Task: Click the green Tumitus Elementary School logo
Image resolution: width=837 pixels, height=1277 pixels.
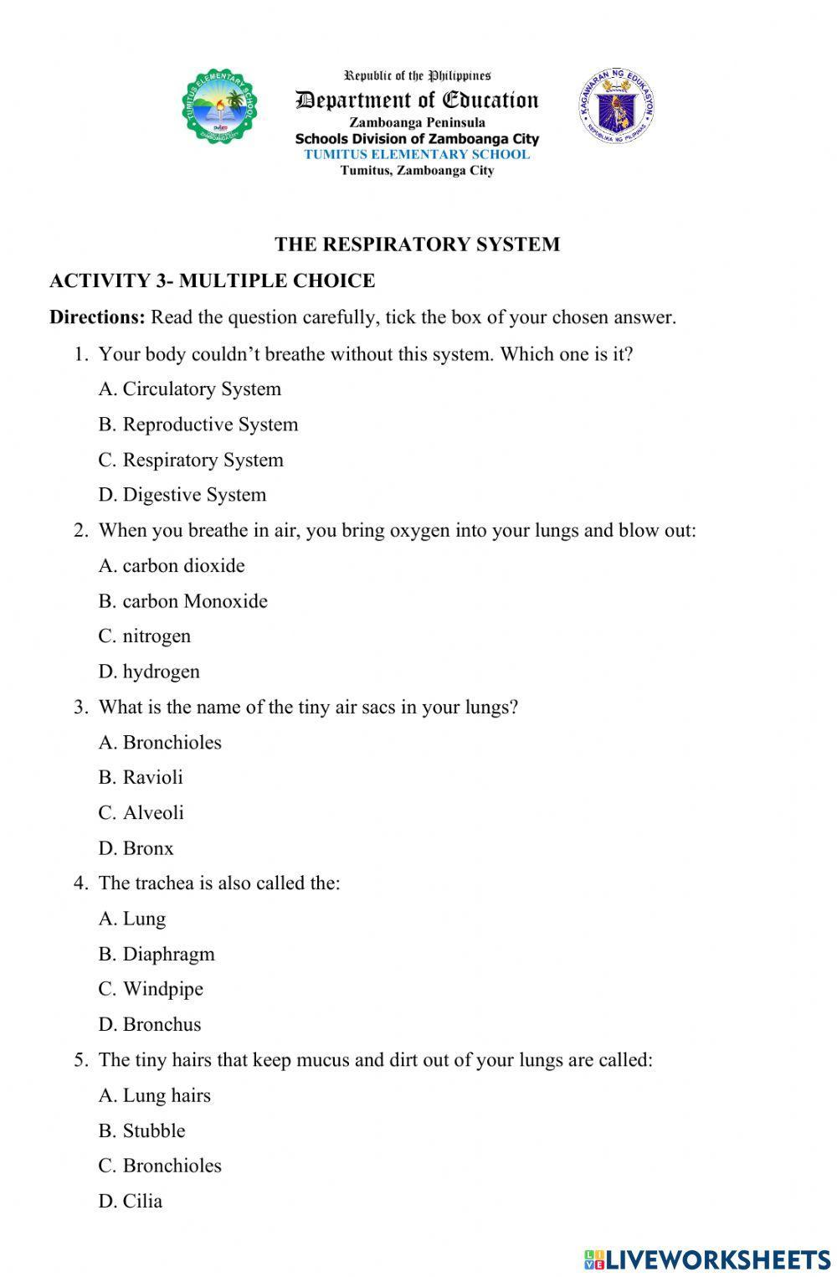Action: (x=219, y=106)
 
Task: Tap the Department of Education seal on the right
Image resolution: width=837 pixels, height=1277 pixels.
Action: (x=615, y=106)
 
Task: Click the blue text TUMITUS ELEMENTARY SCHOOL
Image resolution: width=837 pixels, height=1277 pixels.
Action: (x=417, y=154)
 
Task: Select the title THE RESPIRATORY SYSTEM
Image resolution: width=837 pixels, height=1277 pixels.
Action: (x=417, y=245)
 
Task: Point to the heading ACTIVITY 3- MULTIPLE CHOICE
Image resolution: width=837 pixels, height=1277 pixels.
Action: (x=212, y=281)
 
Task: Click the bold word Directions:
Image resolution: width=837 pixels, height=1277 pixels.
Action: (x=97, y=317)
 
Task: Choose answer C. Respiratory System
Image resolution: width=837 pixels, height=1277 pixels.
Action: (x=191, y=460)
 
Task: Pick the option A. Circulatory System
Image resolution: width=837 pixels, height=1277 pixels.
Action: (x=189, y=389)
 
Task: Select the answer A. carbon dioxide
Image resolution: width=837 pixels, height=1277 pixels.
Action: (x=172, y=566)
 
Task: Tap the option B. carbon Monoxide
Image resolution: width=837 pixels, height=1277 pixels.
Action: (x=182, y=601)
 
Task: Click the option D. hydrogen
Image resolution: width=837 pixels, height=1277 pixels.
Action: (x=149, y=672)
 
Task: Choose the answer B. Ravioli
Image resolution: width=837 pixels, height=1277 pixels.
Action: (x=141, y=777)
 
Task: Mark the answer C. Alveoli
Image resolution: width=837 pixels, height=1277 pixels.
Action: (x=141, y=813)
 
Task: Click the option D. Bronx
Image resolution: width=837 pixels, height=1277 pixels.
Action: (x=136, y=848)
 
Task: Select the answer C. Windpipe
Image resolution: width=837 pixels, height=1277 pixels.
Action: (x=151, y=989)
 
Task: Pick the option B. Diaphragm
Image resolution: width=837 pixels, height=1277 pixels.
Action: (x=157, y=954)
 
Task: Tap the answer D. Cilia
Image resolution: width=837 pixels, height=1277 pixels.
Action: (x=131, y=1201)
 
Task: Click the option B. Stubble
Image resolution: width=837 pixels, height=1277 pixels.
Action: (x=141, y=1130)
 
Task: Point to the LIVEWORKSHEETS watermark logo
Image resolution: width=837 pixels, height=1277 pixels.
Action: (x=707, y=1259)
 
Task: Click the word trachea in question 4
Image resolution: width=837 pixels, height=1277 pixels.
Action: (x=163, y=883)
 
